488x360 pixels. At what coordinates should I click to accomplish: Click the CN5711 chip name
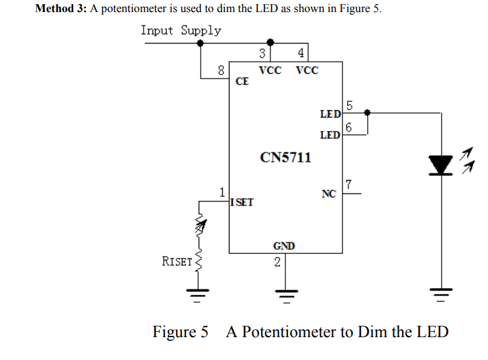(285, 158)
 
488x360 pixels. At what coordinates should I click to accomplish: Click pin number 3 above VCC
(263, 54)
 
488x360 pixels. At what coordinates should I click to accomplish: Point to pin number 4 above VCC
(301, 54)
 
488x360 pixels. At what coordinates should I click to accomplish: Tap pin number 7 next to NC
(348, 185)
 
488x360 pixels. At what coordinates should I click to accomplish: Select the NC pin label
(328, 194)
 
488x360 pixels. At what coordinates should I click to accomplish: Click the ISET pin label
(242, 201)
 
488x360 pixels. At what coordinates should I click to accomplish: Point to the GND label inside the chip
(283, 246)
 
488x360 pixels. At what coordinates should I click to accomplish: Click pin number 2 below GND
(277, 262)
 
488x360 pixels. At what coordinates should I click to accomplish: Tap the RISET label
(177, 261)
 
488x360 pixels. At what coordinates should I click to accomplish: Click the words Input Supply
(181, 31)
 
